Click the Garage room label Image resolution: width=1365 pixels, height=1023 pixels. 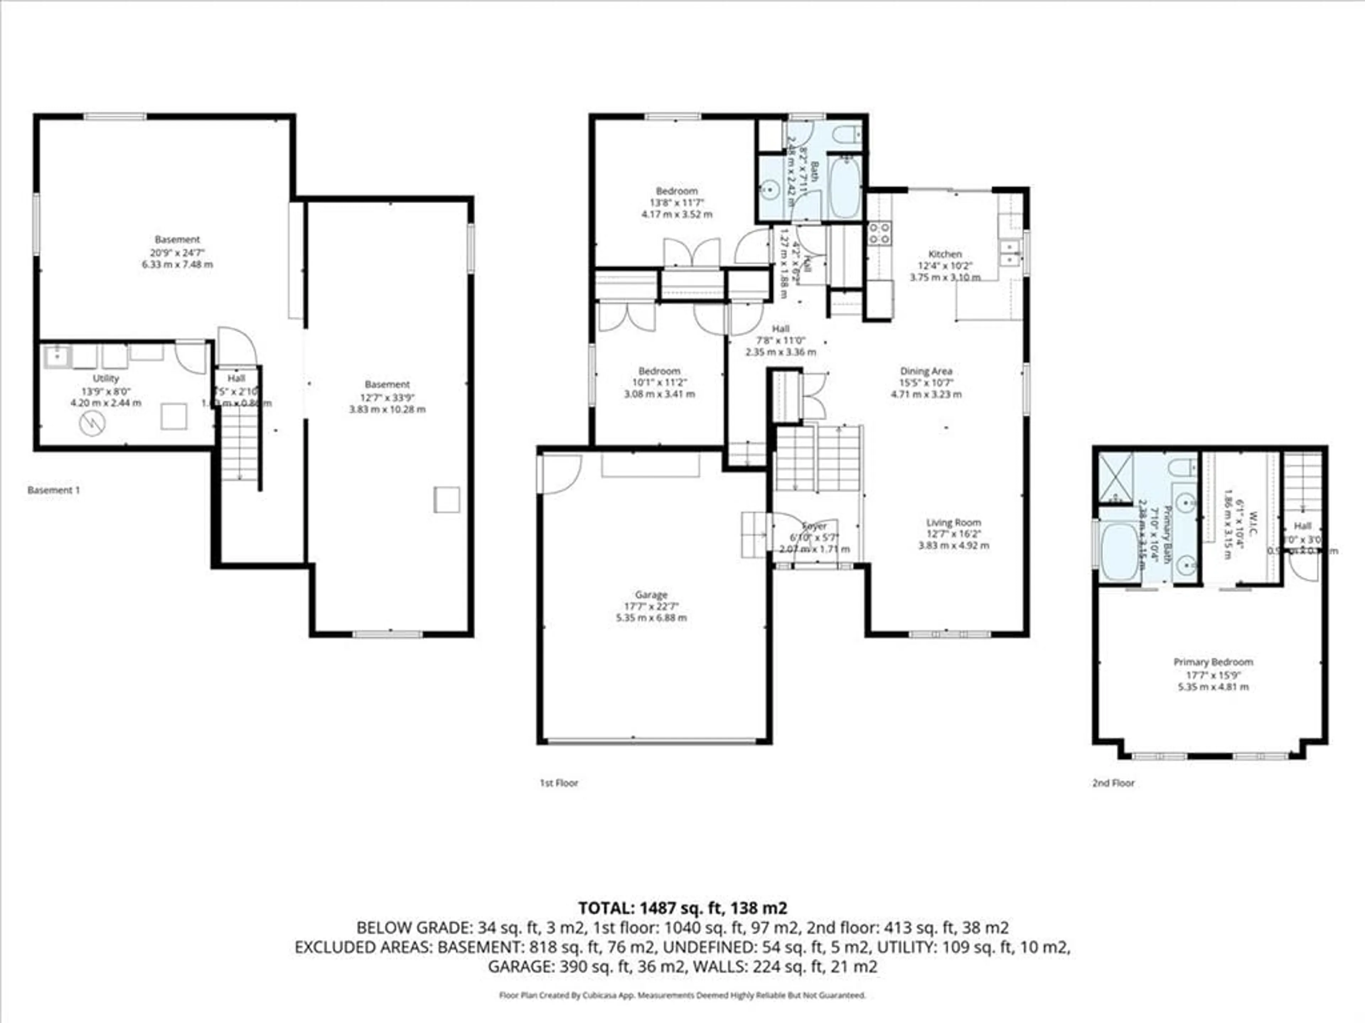pyautogui.click(x=651, y=594)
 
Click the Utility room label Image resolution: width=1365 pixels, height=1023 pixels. pyautogui.click(x=106, y=378)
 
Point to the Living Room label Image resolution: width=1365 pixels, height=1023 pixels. pyautogui.click(x=953, y=522)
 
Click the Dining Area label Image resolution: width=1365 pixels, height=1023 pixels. pyautogui.click(x=926, y=370)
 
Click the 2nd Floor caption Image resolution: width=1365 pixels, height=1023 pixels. pyautogui.click(x=1113, y=783)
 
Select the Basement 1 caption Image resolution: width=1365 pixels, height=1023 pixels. pyautogui.click(x=54, y=490)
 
